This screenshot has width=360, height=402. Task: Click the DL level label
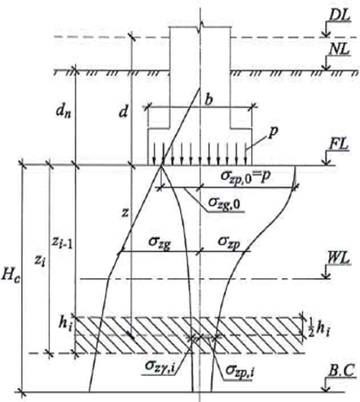[340, 15]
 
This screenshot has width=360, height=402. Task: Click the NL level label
[339, 50]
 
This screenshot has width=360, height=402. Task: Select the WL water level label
[339, 258]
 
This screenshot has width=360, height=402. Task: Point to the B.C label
[341, 371]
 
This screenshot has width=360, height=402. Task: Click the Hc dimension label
[11, 274]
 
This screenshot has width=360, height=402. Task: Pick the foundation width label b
[209, 100]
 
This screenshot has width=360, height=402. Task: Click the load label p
[274, 133]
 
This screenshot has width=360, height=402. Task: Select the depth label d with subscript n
[64, 112]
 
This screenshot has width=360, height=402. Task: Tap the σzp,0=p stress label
[246, 176]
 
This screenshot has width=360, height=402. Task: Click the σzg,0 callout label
[224, 203]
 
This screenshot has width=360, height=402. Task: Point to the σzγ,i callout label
[160, 366]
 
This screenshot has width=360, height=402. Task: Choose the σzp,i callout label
[240, 370]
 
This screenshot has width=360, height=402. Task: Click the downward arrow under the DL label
[326, 29]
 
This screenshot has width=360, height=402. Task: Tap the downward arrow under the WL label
[326, 272]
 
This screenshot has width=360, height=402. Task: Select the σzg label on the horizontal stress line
[160, 242]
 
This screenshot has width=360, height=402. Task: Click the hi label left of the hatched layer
[66, 324]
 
